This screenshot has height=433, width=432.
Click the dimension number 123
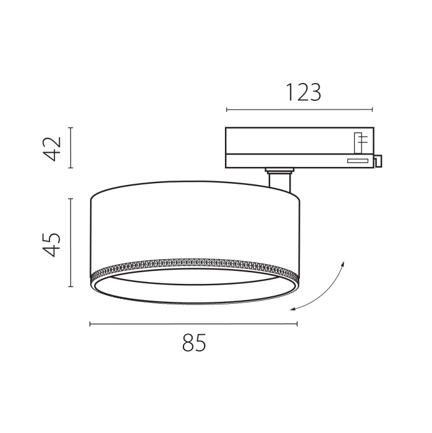[303, 93]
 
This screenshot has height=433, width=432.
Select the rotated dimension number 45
[54, 244]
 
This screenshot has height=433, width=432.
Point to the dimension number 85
[193, 342]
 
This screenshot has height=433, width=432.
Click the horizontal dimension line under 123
[300, 110]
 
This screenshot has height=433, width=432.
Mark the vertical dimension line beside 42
[71, 148]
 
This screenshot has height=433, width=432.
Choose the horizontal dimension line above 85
[193, 324]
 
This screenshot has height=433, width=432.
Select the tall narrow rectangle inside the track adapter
[358, 143]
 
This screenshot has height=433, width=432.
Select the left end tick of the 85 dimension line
[90, 324]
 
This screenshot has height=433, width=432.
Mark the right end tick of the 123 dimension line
[372, 110]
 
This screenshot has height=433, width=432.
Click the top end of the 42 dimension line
[71, 128]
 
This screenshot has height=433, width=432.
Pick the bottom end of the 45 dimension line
[71, 288]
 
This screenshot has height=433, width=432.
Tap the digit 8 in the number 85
[187, 342]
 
